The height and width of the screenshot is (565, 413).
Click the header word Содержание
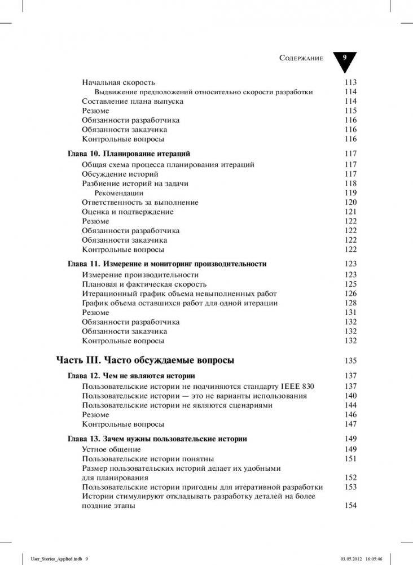301,59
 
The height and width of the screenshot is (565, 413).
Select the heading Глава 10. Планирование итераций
129,154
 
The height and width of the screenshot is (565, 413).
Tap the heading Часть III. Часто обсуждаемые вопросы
146,361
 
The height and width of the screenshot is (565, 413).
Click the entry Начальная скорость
118,82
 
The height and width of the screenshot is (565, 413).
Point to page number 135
350,361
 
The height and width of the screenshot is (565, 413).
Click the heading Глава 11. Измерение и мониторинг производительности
167,264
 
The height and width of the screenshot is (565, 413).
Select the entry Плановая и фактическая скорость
144,284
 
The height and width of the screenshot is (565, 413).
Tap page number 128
350,303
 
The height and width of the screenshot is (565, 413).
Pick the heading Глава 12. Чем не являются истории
131,375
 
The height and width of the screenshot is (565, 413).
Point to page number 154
350,506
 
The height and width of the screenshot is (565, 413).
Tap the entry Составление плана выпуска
133,102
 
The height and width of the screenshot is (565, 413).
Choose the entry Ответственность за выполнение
140,202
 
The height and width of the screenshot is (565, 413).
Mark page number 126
350,294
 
